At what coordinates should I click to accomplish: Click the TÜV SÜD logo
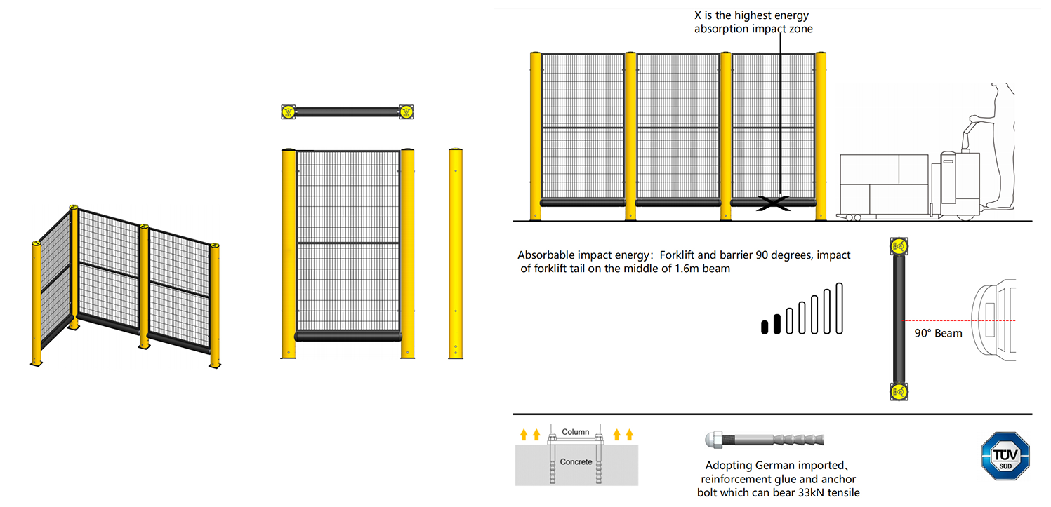pyautogui.click(x=1005, y=456)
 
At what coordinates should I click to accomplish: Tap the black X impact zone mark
pyautogui.click(x=773, y=203)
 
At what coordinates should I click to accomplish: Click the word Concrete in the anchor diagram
pyautogui.click(x=576, y=461)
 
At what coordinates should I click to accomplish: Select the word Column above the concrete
pyautogui.click(x=575, y=431)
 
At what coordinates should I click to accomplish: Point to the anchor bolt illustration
pyautogui.click(x=765, y=440)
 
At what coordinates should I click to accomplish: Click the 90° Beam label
pyautogui.click(x=938, y=333)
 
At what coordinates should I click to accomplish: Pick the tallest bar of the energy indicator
pyautogui.click(x=840, y=309)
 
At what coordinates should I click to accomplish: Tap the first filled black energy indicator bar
pyautogui.click(x=765, y=327)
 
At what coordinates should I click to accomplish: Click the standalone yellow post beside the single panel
pyautogui.click(x=456, y=254)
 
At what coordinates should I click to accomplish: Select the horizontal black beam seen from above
pyautogui.click(x=348, y=112)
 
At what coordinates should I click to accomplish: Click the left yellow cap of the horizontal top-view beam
pyautogui.click(x=288, y=112)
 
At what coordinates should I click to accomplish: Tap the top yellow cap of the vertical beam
pyautogui.click(x=899, y=246)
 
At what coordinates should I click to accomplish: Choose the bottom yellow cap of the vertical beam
pyautogui.click(x=899, y=392)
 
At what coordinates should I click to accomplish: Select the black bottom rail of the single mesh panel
pyautogui.click(x=348, y=336)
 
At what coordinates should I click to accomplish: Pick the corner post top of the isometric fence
pyautogui.click(x=73, y=207)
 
